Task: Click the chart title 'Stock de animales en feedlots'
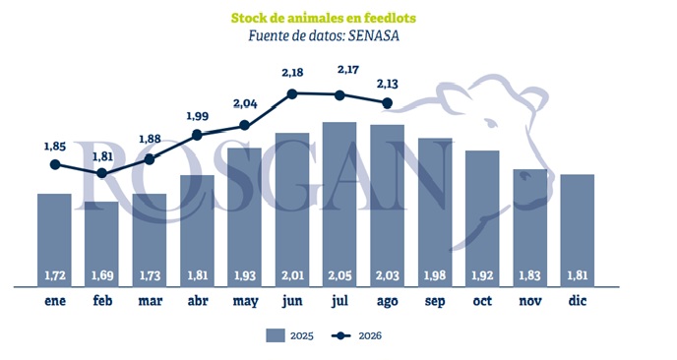pyautogui.click(x=324, y=18)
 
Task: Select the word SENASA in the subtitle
pyautogui.click(x=374, y=35)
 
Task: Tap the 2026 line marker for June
pyautogui.click(x=292, y=93)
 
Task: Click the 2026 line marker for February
pyautogui.click(x=102, y=173)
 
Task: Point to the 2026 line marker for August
pyautogui.click(x=388, y=103)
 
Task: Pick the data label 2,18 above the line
pyautogui.click(x=292, y=73)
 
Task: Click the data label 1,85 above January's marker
pyautogui.click(x=55, y=147)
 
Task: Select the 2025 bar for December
pyautogui.click(x=578, y=230)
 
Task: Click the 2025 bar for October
pyautogui.click(x=482, y=218)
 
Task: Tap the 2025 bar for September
pyautogui.click(x=435, y=212)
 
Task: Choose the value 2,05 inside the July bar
pyautogui.click(x=339, y=275)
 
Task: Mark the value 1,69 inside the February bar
pyautogui.click(x=102, y=275)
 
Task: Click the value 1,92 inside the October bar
pyautogui.click(x=482, y=275)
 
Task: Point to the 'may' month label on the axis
pyautogui.click(x=245, y=301)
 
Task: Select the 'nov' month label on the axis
pyautogui.click(x=529, y=301)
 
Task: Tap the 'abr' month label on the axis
pyautogui.click(x=198, y=300)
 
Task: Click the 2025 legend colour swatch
pyautogui.click(x=276, y=335)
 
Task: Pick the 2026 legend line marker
pyautogui.click(x=341, y=335)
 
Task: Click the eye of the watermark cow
pyautogui.click(x=491, y=124)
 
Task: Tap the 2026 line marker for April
pyautogui.click(x=197, y=135)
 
